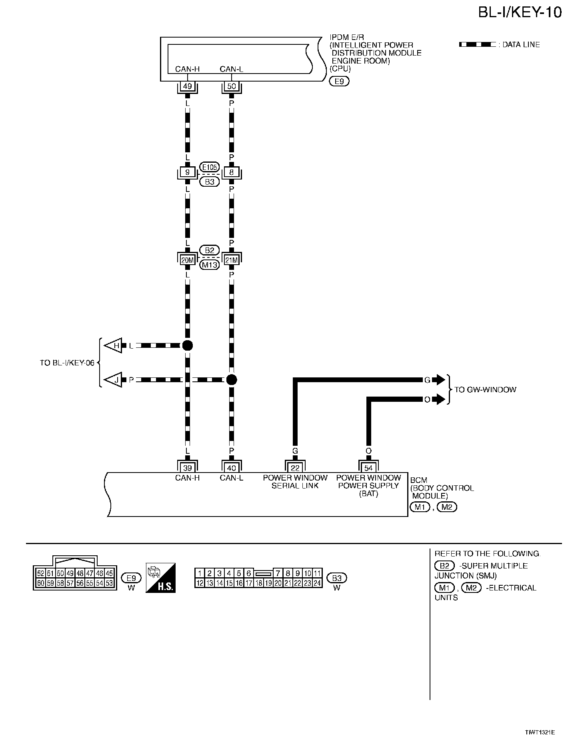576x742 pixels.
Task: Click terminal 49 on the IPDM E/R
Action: pyautogui.click(x=187, y=86)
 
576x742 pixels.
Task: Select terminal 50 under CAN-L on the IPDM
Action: pyautogui.click(x=231, y=86)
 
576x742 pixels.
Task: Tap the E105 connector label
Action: pyautogui.click(x=209, y=167)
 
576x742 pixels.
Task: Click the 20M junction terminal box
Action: pyautogui.click(x=187, y=260)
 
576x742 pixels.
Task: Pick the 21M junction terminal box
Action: pyautogui.click(x=231, y=260)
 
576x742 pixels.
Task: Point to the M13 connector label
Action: pyautogui.click(x=209, y=265)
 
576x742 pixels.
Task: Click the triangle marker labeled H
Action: pyautogui.click(x=114, y=345)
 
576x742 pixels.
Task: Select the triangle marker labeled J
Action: pyautogui.click(x=114, y=380)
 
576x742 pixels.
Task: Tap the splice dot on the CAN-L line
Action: pyautogui.click(x=231, y=380)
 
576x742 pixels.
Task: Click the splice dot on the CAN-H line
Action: pyautogui.click(x=187, y=345)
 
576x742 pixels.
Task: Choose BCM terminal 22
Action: pyautogui.click(x=295, y=468)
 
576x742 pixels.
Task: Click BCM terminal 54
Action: pyautogui.click(x=368, y=468)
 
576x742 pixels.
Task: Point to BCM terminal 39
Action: pyautogui.click(x=187, y=468)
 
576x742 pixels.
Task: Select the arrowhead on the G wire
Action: pyautogui.click(x=440, y=380)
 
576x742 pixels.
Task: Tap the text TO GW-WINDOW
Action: pyautogui.click(x=485, y=389)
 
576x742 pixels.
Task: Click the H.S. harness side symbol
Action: pyautogui.click(x=160, y=578)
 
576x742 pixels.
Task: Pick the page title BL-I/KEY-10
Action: pyautogui.click(x=520, y=12)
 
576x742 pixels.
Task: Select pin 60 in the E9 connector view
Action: pyautogui.click(x=40, y=583)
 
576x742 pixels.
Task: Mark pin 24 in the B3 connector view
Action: pyautogui.click(x=317, y=583)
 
